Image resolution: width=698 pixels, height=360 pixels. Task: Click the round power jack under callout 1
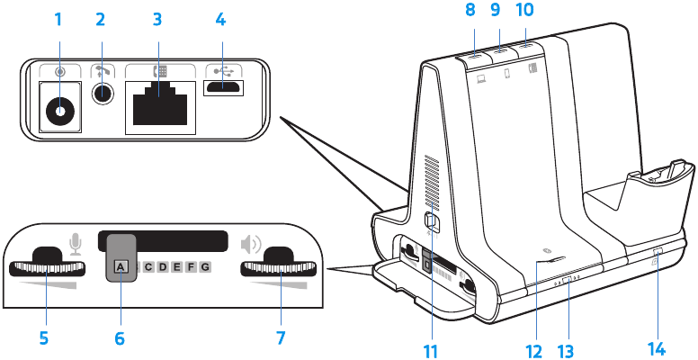(60, 111)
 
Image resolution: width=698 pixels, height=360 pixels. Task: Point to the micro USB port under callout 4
(221, 88)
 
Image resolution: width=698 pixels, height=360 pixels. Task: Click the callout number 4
(221, 17)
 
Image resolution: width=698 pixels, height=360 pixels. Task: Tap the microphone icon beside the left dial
(76, 243)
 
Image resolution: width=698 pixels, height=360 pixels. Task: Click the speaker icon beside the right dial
(251, 243)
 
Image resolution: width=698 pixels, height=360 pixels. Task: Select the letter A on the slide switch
(121, 266)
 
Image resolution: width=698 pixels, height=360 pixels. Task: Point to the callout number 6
(121, 339)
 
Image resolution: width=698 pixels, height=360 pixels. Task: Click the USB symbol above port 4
(220, 69)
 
